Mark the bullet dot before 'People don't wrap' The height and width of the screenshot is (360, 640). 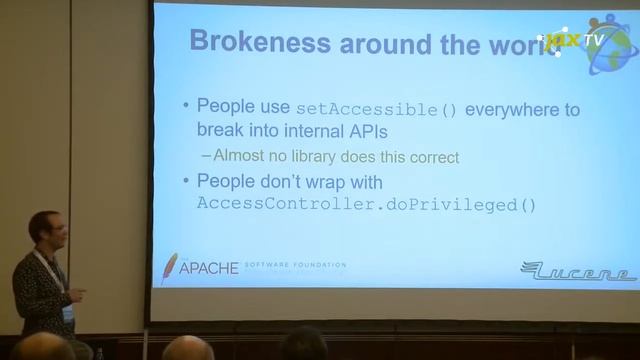[185, 182]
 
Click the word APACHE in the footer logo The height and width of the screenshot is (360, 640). [209, 268]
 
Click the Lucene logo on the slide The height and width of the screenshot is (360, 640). [578, 270]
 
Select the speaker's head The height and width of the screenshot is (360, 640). [44, 232]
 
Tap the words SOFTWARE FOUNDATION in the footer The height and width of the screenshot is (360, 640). [295, 265]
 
